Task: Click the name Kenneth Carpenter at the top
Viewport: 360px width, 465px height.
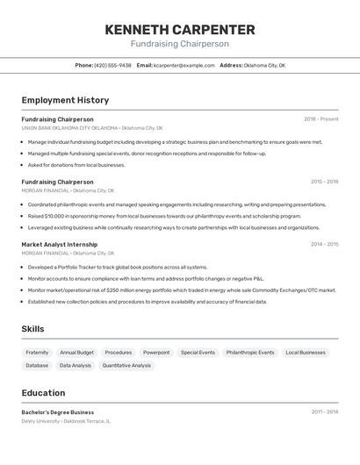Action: click(180, 29)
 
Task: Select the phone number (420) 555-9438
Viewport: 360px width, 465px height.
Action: click(112, 65)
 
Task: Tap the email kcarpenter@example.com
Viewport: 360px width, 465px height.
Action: click(184, 65)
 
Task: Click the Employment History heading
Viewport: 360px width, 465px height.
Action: click(65, 100)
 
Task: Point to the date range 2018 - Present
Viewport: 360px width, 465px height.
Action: click(321, 119)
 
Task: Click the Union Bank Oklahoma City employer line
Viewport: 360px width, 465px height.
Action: click(92, 128)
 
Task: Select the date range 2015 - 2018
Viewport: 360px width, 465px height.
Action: click(324, 182)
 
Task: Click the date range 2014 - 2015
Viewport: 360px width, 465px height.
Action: click(324, 245)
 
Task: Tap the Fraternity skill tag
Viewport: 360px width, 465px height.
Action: click(37, 352)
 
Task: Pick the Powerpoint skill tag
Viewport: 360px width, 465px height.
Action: click(156, 352)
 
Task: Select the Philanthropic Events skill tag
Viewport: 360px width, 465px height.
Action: click(250, 352)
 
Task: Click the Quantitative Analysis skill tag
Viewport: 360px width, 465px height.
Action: click(126, 365)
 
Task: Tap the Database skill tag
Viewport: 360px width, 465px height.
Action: click(37, 365)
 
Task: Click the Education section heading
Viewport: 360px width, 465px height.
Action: click(43, 393)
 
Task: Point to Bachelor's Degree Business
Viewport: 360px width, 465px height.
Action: click(58, 412)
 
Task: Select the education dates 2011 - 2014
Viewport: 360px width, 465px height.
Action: click(324, 412)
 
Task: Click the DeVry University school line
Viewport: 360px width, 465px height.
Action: click(66, 421)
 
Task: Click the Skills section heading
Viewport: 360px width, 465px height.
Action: click(33, 329)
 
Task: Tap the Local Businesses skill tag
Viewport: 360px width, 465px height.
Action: click(306, 352)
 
